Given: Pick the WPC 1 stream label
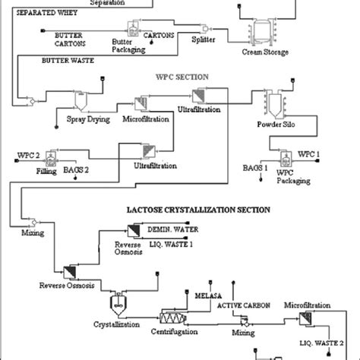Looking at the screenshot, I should [309, 154].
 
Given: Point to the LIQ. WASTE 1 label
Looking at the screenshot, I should [175, 245].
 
